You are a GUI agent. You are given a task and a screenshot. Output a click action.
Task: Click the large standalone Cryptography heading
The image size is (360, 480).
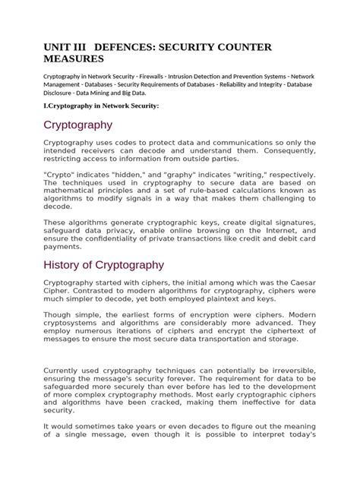tap(78, 125)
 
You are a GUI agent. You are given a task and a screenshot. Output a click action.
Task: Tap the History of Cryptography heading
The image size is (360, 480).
tap(114, 265)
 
